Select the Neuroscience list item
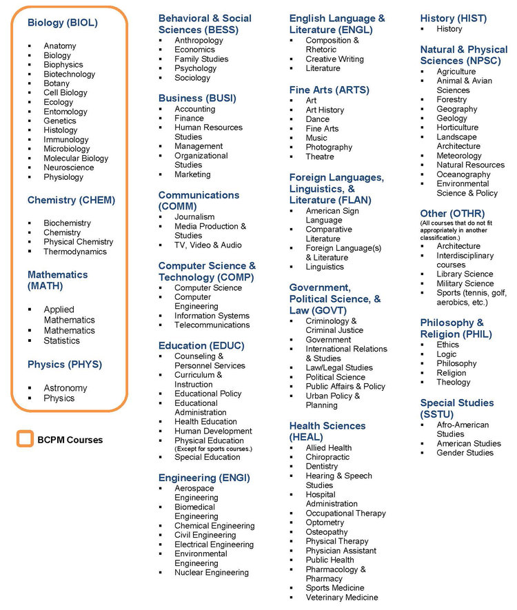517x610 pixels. (68, 167)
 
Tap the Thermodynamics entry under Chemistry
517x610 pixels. (75, 252)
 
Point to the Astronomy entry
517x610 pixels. (65, 388)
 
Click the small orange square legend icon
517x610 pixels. (25, 439)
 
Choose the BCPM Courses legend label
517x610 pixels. (70, 440)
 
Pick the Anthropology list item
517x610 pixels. (199, 41)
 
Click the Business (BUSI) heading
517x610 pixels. (197, 98)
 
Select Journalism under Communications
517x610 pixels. (194, 217)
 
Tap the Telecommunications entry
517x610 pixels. (212, 325)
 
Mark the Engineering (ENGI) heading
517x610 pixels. (204, 478)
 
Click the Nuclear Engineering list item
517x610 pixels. (211, 573)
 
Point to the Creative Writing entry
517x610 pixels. (334, 59)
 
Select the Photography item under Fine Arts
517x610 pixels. (329, 148)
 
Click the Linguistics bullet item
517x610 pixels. (324, 267)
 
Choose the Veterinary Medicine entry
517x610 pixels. (342, 598)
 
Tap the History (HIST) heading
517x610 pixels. (453, 18)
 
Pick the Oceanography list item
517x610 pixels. (463, 174)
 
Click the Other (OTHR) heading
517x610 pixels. (452, 214)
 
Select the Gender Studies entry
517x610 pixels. (465, 453)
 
